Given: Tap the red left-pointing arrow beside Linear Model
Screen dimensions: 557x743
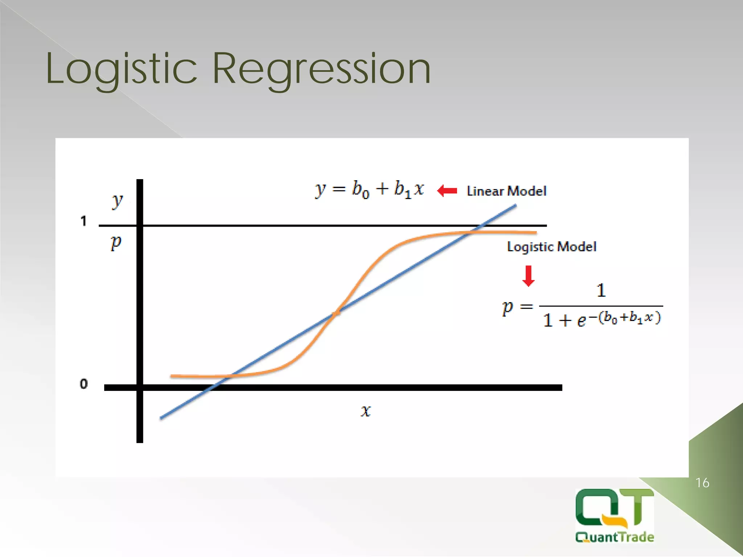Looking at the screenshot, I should pyautogui.click(x=447, y=190).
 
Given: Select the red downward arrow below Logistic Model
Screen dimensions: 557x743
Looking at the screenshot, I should pyautogui.click(x=529, y=276).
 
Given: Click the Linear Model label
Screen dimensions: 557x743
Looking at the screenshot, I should pyautogui.click(x=506, y=191).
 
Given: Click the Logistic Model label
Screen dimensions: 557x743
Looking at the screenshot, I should pyautogui.click(x=551, y=247).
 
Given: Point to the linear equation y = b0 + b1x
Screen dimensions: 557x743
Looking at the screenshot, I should pyautogui.click(x=369, y=189).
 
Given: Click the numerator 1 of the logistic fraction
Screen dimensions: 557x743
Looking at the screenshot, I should pyautogui.click(x=601, y=290).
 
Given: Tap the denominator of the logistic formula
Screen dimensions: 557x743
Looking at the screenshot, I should pyautogui.click(x=602, y=319).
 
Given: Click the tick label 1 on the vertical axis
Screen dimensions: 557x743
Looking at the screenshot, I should pyautogui.click(x=83, y=221).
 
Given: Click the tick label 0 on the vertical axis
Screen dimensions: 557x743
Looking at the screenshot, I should pyautogui.click(x=83, y=384).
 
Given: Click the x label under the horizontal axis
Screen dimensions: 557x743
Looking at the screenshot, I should pyautogui.click(x=366, y=411).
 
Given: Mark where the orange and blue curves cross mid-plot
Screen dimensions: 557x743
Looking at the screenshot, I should pyautogui.click(x=337, y=312).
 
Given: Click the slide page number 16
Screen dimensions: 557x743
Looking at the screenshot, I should pyautogui.click(x=702, y=483).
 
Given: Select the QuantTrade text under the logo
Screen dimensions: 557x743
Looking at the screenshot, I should pyautogui.click(x=615, y=537).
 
